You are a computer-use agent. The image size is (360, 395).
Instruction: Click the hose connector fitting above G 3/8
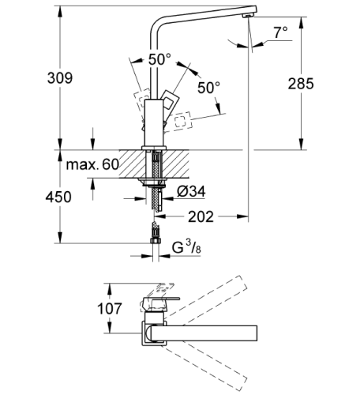pyautogui.click(x=156, y=235)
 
